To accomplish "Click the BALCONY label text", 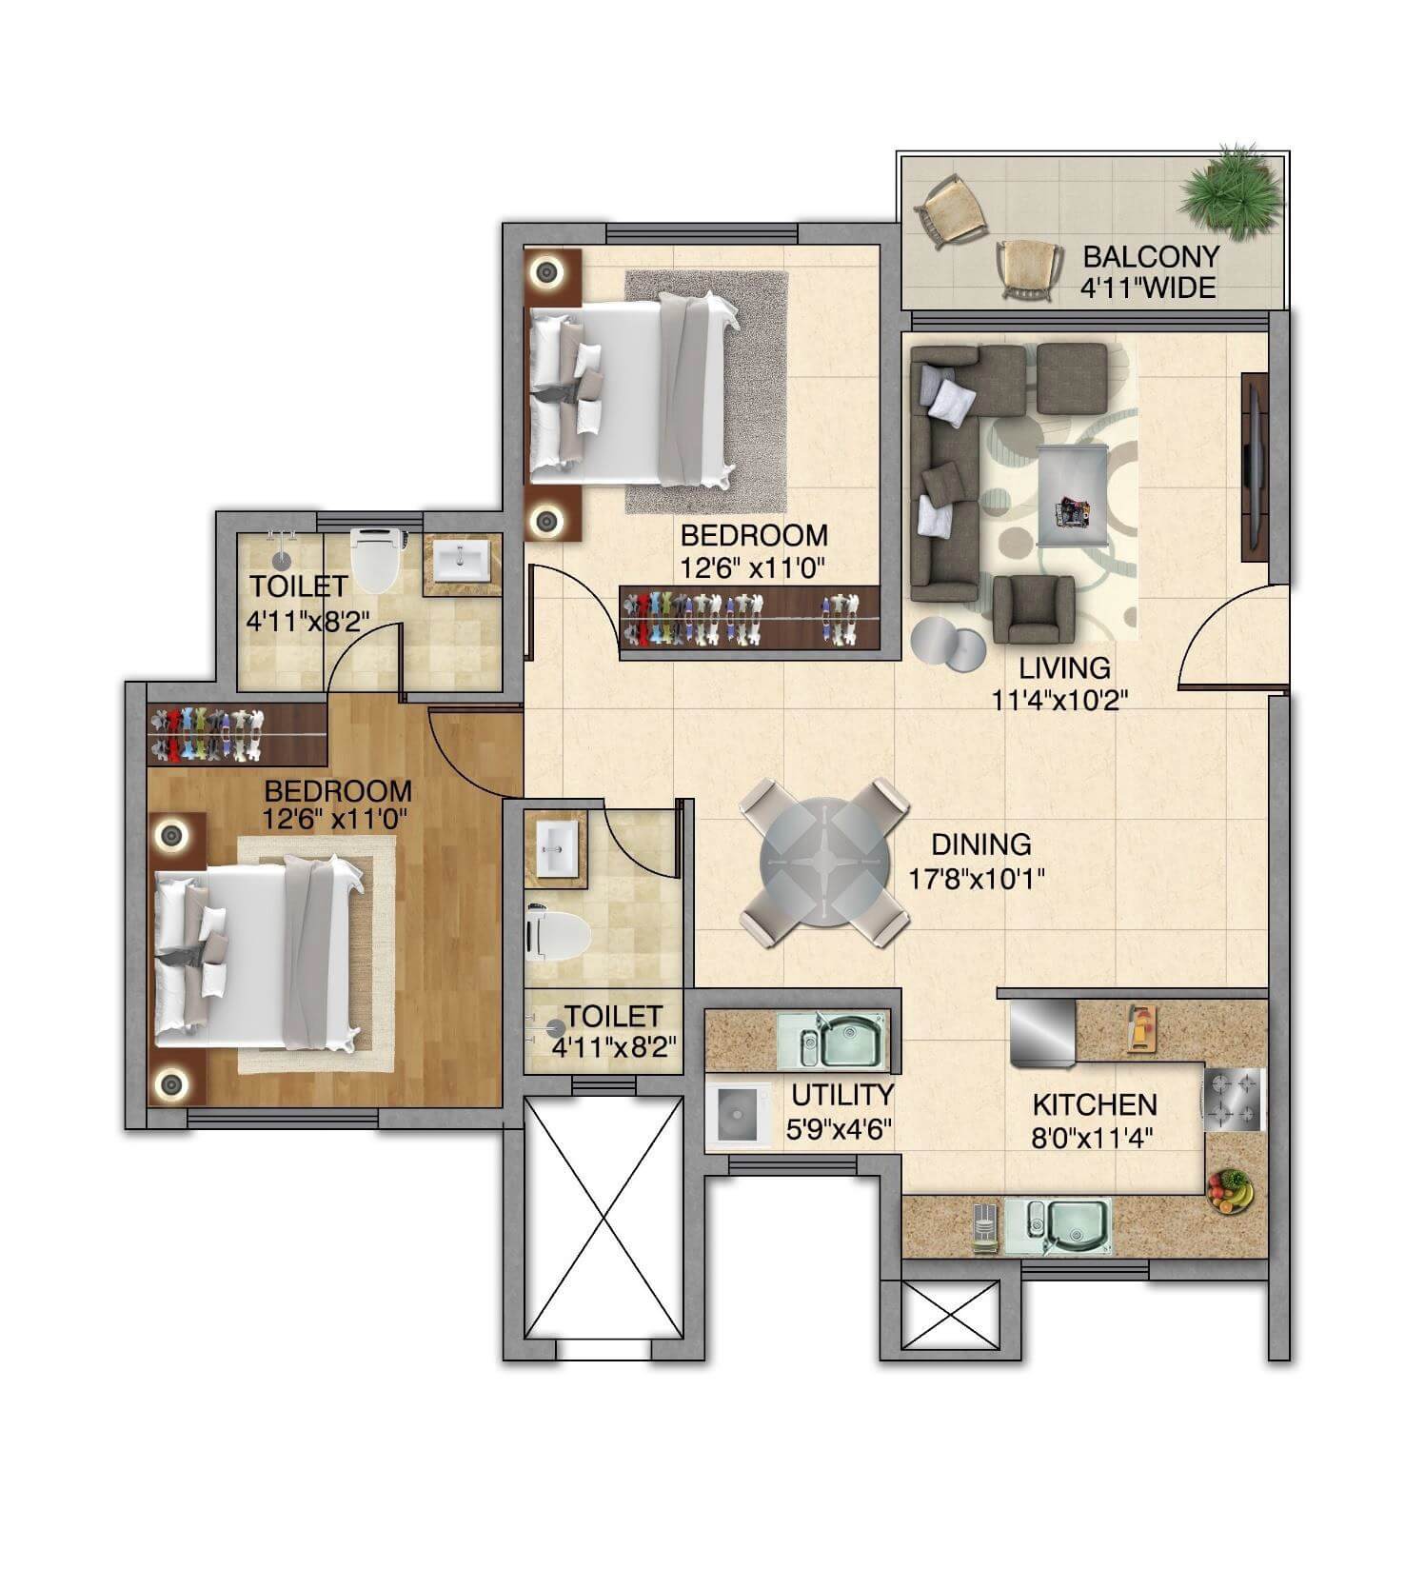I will [1151, 256].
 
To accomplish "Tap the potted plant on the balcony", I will [1230, 189].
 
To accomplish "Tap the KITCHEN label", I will [1095, 1104].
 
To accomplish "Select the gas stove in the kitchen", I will [1234, 1099].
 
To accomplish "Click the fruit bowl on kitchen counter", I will [1230, 1191].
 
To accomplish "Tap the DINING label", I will [980, 844].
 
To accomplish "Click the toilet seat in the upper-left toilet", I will [378, 560].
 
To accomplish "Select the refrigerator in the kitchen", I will [1041, 1030].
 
